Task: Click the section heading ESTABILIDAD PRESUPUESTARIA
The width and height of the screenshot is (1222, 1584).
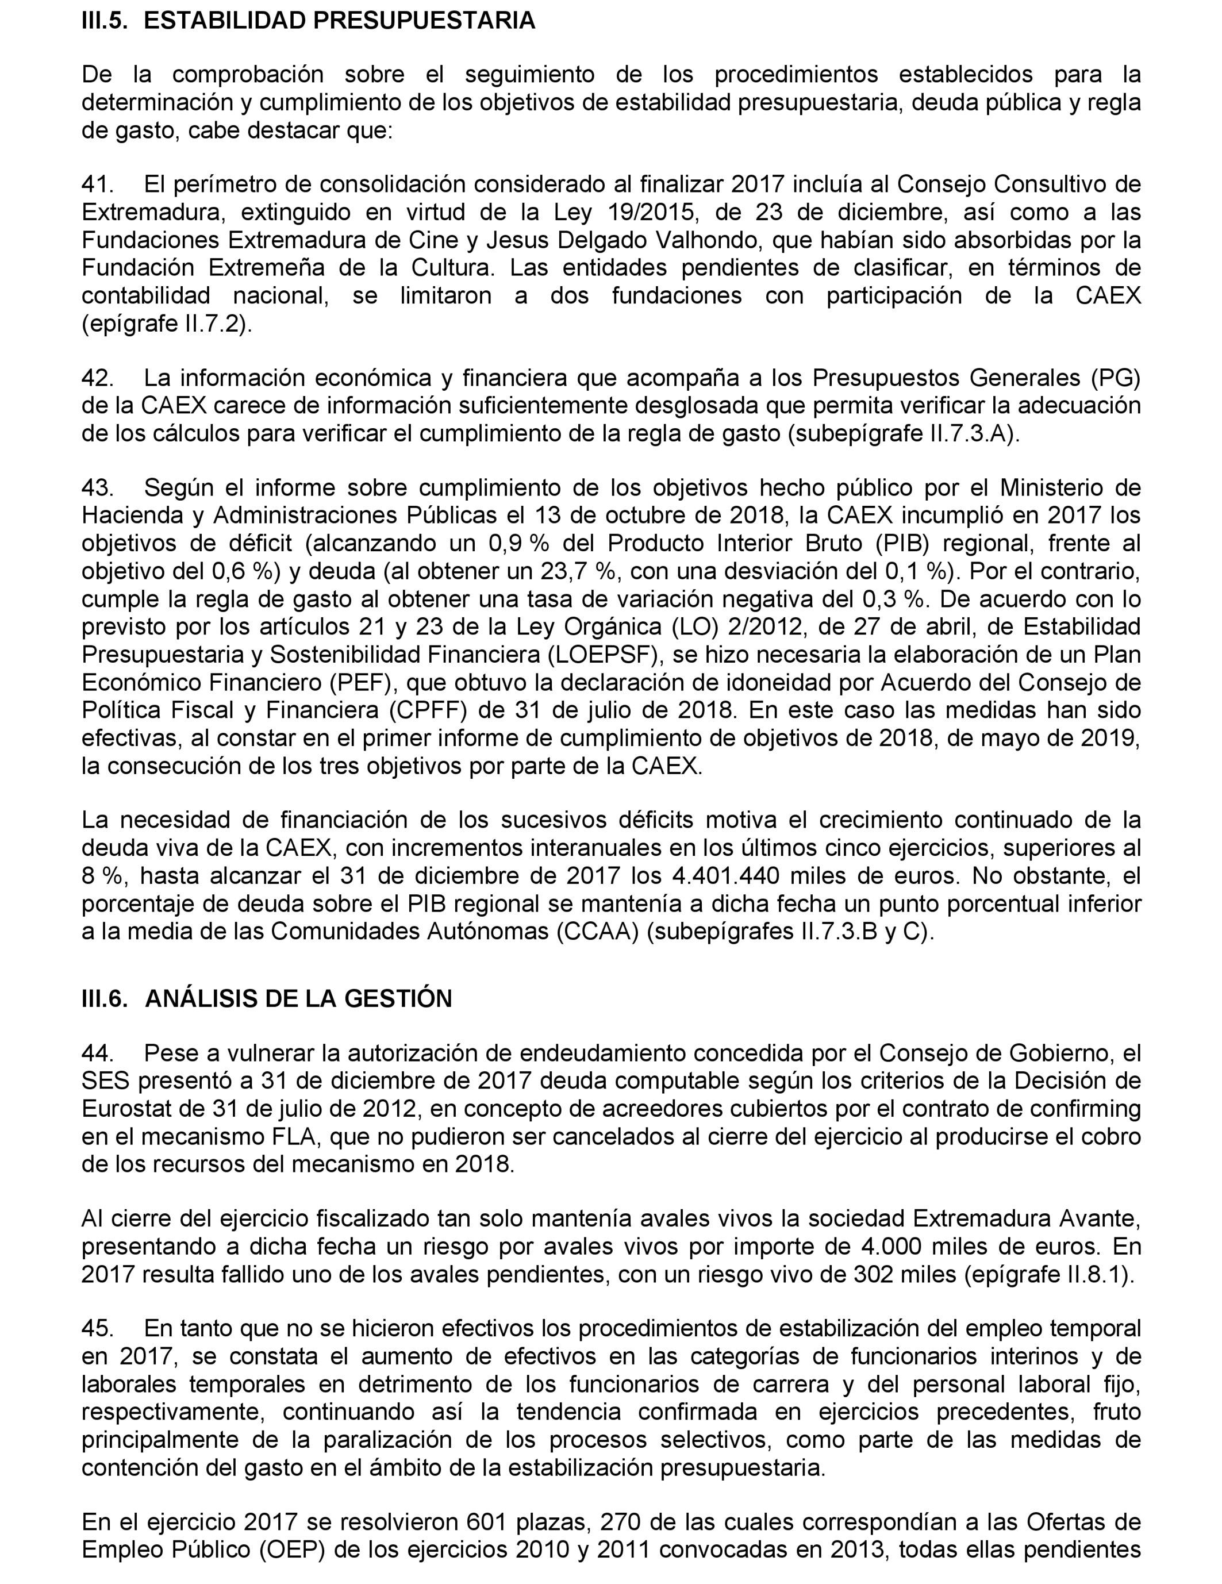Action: coord(339,20)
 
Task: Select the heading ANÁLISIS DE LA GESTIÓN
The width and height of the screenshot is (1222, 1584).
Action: coord(298,999)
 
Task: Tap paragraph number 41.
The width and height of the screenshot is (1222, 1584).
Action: coord(97,184)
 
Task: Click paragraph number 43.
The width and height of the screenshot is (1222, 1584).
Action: coord(97,487)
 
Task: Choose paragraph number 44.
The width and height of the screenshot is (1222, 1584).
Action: coord(97,1053)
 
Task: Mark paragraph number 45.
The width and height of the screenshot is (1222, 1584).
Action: coord(97,1328)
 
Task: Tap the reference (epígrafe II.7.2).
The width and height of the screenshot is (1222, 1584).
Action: coord(167,324)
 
